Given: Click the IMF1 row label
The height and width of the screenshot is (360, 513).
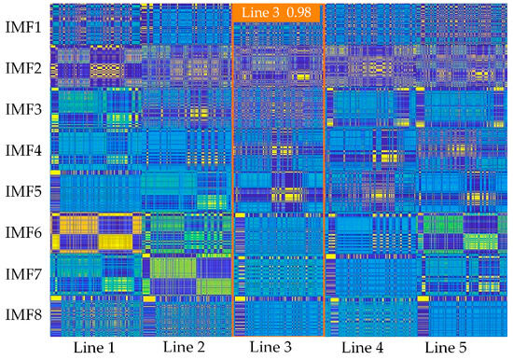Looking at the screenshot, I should [23, 28].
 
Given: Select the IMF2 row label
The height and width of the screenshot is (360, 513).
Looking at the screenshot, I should [23, 68].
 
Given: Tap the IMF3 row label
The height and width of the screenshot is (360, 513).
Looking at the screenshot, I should [23, 109].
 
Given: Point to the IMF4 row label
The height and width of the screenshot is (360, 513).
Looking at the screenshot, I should [23, 150].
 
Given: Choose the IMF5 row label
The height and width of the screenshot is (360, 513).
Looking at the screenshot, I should [23, 191].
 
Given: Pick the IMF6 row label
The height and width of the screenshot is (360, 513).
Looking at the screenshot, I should [23, 232].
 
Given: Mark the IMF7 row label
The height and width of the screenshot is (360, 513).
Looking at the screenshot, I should [23, 273].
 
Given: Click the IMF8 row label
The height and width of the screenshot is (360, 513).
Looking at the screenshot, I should [23, 314].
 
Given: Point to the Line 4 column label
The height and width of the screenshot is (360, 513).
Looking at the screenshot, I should [363, 347].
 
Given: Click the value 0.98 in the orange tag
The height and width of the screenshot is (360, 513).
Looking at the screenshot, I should [298, 12].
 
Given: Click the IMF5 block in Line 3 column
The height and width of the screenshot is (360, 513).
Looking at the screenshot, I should [278, 191].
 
